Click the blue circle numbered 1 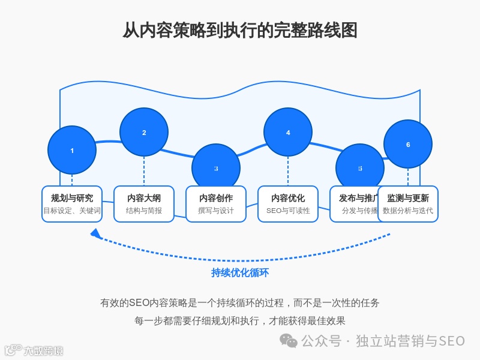click(72, 150)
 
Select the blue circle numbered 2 click(144, 132)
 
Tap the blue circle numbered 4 click(288, 132)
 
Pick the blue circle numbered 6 click(408, 144)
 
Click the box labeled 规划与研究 click(72, 204)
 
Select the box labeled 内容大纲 click(144, 204)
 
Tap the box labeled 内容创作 click(216, 204)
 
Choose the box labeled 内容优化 click(288, 204)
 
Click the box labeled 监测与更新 click(408, 204)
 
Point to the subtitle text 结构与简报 click(144, 211)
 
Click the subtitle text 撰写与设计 click(216, 211)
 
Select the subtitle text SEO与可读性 click(288, 211)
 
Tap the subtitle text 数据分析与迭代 click(408, 211)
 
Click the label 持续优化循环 click(240, 273)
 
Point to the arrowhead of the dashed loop click(95, 233)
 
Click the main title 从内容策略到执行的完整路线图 click(240, 30)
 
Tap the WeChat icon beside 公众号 click(289, 341)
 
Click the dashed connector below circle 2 click(144, 171)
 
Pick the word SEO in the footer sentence click(139, 303)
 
